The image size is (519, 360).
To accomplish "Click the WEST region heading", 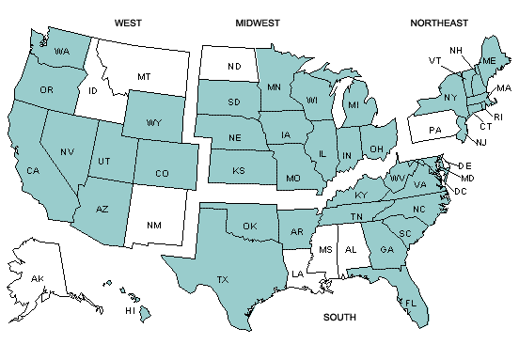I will (x=128, y=22).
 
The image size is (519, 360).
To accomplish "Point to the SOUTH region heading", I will (x=339, y=318).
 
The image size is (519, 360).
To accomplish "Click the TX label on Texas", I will (x=223, y=280).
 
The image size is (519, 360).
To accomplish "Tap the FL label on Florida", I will (x=411, y=304).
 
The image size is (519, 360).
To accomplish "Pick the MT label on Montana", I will (x=144, y=76).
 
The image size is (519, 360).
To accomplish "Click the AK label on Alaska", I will (x=38, y=280).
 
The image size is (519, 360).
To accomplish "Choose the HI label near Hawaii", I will (x=130, y=311).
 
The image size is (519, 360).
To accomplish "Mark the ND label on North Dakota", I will (x=235, y=66).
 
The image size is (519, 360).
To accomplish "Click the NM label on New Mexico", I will (x=153, y=226).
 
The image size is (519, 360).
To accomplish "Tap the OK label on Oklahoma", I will (x=249, y=227).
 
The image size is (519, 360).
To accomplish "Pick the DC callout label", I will (x=461, y=191).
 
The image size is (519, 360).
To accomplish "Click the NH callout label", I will (x=455, y=50).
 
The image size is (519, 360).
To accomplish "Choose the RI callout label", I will (x=499, y=117).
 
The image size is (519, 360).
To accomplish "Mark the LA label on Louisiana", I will (x=296, y=274).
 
